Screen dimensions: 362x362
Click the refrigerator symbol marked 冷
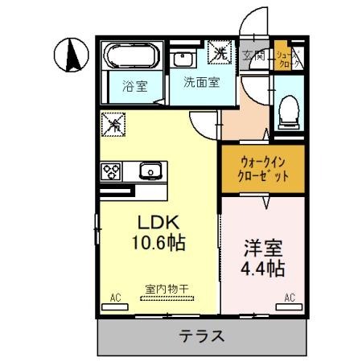click(113, 125)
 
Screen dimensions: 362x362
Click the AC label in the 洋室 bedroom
click(289, 298)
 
